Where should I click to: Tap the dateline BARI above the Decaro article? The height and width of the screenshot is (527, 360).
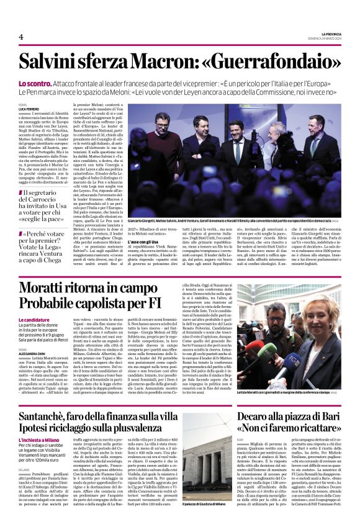241,439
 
